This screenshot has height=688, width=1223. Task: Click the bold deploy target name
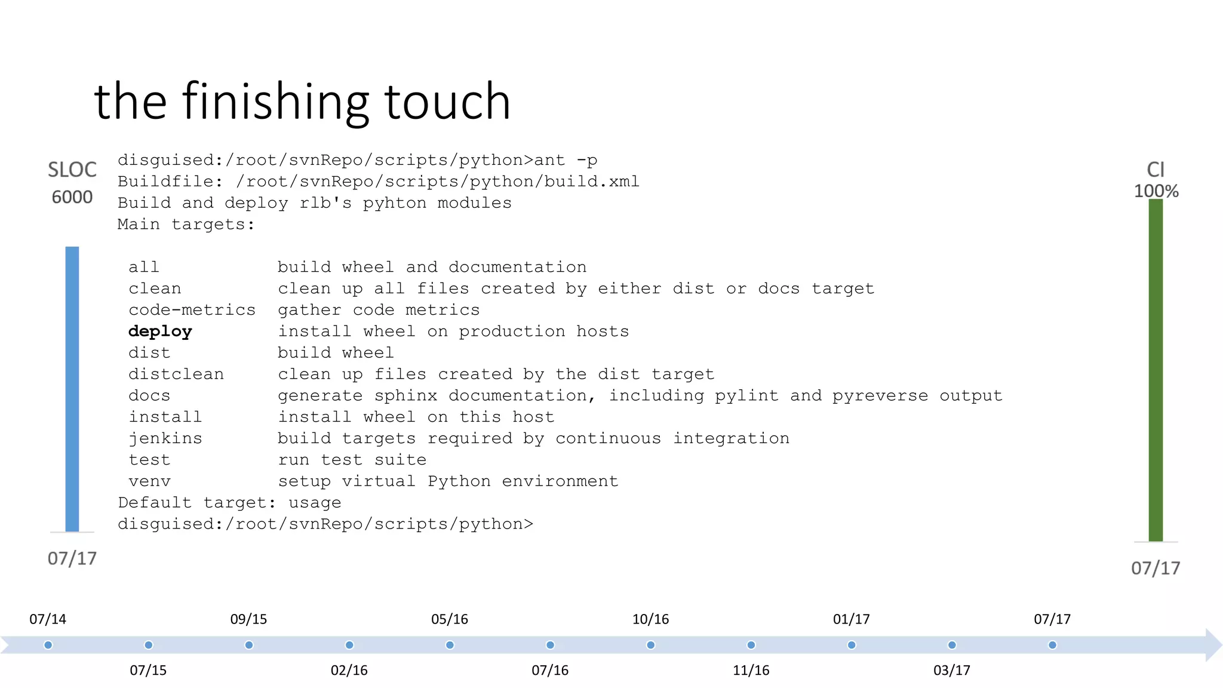pos(160,331)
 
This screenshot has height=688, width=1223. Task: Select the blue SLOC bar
pos(72,388)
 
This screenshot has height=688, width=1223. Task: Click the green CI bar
pos(1156,370)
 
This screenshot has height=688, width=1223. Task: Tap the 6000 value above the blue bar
pos(72,197)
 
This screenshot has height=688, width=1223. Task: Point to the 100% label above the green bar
pos(1156,191)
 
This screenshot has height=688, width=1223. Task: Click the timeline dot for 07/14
pos(48,645)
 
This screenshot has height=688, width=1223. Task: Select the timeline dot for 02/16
pos(349,645)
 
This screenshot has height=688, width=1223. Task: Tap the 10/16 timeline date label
pos(650,619)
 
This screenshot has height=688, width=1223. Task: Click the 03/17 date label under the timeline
pos(952,670)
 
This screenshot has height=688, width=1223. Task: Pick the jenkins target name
pos(165,438)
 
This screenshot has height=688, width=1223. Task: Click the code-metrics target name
pos(192,310)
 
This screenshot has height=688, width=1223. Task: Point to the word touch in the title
pos(447,102)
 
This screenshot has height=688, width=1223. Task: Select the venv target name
pos(149,481)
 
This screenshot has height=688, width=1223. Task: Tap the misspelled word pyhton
pos(394,203)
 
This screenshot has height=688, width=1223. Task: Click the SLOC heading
pos(72,170)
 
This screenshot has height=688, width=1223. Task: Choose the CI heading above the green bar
pos(1156,170)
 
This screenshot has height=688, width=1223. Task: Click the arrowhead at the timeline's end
pos(1213,645)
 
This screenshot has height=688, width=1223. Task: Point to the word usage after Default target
pos(315,503)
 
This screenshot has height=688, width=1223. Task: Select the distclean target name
pos(176,374)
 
